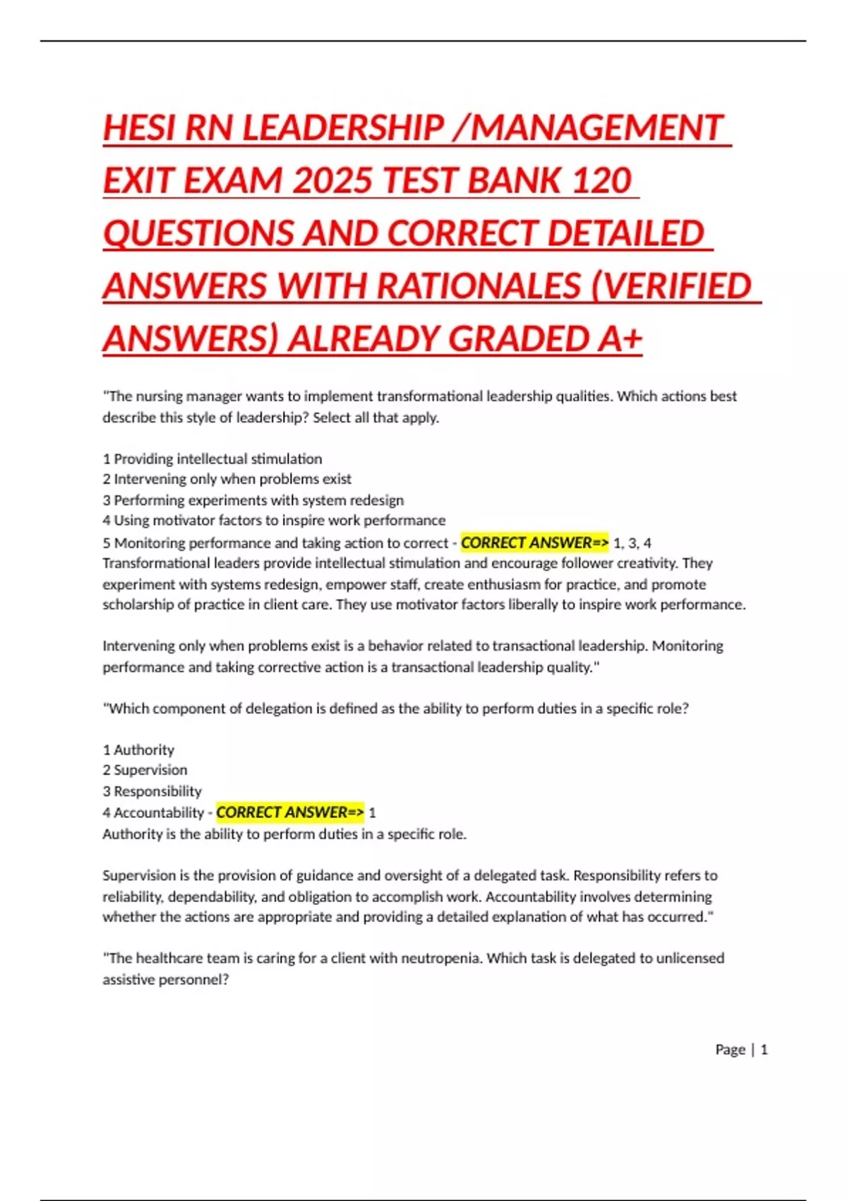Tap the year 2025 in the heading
point(332,181)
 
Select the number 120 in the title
point(601,181)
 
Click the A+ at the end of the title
point(620,339)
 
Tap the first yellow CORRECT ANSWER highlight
point(534,543)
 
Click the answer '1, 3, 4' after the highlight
point(632,543)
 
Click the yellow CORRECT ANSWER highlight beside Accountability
point(290,812)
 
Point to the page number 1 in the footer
point(764,1050)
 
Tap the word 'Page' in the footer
point(730,1050)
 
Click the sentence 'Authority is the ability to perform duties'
point(284,834)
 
